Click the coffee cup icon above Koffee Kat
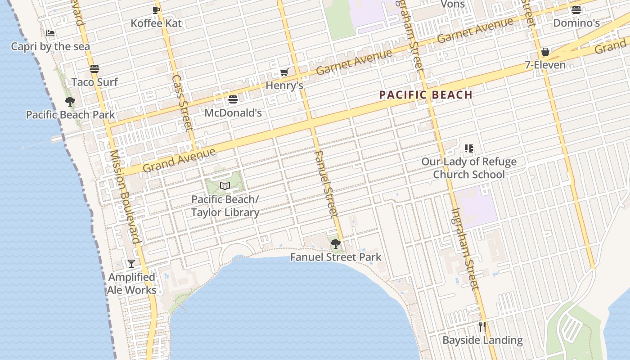pos(156,10)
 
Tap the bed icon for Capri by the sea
pos(50,33)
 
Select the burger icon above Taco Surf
pos(94,69)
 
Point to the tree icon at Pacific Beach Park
pos(70,101)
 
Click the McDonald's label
pos(233,112)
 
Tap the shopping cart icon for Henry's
pos(284,72)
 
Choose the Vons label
pos(452,4)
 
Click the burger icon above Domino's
pos(576,10)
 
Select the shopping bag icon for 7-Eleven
pos(545,52)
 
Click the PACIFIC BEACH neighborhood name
pos(426,95)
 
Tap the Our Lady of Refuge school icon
pos(469,148)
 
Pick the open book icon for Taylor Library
pos(225,186)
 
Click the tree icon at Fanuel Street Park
pos(335,244)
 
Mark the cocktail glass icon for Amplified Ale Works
pos(131,264)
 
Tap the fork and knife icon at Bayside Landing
pos(482,327)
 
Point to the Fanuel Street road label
pos(324,184)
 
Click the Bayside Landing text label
pos(482,340)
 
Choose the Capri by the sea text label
pos(50,46)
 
